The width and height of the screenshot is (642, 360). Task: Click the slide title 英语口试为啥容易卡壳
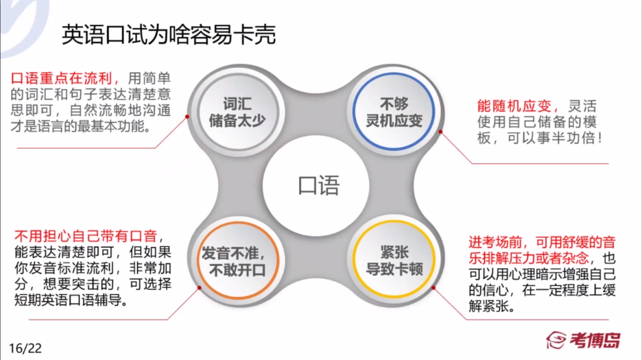coord(169,35)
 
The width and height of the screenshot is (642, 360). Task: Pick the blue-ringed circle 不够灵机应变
coord(394,113)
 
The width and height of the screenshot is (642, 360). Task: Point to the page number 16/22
coord(25,348)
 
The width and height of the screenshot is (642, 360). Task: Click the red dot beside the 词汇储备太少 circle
coord(187,117)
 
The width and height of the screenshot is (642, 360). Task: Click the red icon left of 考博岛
coord(554,339)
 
